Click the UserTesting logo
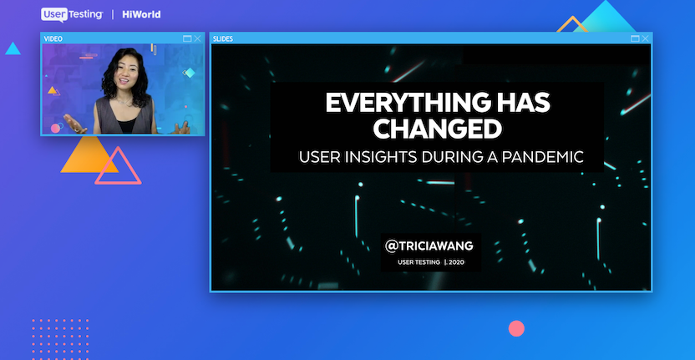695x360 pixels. (x=72, y=15)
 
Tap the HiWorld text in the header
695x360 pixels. (x=141, y=15)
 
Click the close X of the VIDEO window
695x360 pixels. (x=198, y=38)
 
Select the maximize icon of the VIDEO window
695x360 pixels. (x=187, y=38)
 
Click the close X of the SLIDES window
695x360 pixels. (x=646, y=38)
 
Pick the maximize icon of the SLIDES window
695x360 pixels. (x=635, y=38)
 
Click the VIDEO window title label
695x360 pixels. (x=53, y=39)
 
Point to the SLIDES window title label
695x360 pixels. (x=223, y=39)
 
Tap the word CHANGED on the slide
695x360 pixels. (x=438, y=129)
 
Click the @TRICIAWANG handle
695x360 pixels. (x=429, y=246)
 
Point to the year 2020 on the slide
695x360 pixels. (x=457, y=262)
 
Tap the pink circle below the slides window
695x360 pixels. (x=516, y=328)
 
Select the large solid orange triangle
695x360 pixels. (x=88, y=155)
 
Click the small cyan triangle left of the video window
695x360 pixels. (x=13, y=49)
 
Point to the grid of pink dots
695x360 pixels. (x=60, y=339)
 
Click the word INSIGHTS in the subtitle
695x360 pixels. (x=384, y=157)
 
